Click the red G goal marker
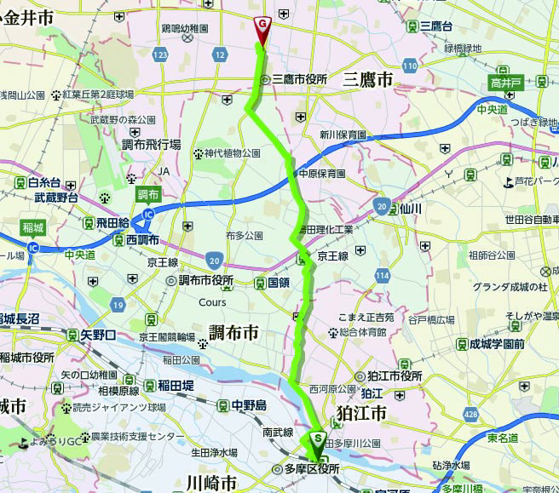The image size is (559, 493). click(x=263, y=26)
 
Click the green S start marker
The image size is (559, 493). click(x=319, y=439)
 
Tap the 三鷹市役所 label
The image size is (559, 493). click(x=299, y=79)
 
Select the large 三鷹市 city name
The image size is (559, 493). click(x=367, y=80)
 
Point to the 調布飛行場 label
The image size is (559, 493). click(x=151, y=145)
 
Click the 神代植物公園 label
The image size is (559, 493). click(x=232, y=153)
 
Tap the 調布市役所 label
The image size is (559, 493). click(x=205, y=280)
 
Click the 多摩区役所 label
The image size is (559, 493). click(x=311, y=469)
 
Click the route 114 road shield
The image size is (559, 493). click(x=386, y=276)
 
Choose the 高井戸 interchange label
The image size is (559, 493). click(x=506, y=83)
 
